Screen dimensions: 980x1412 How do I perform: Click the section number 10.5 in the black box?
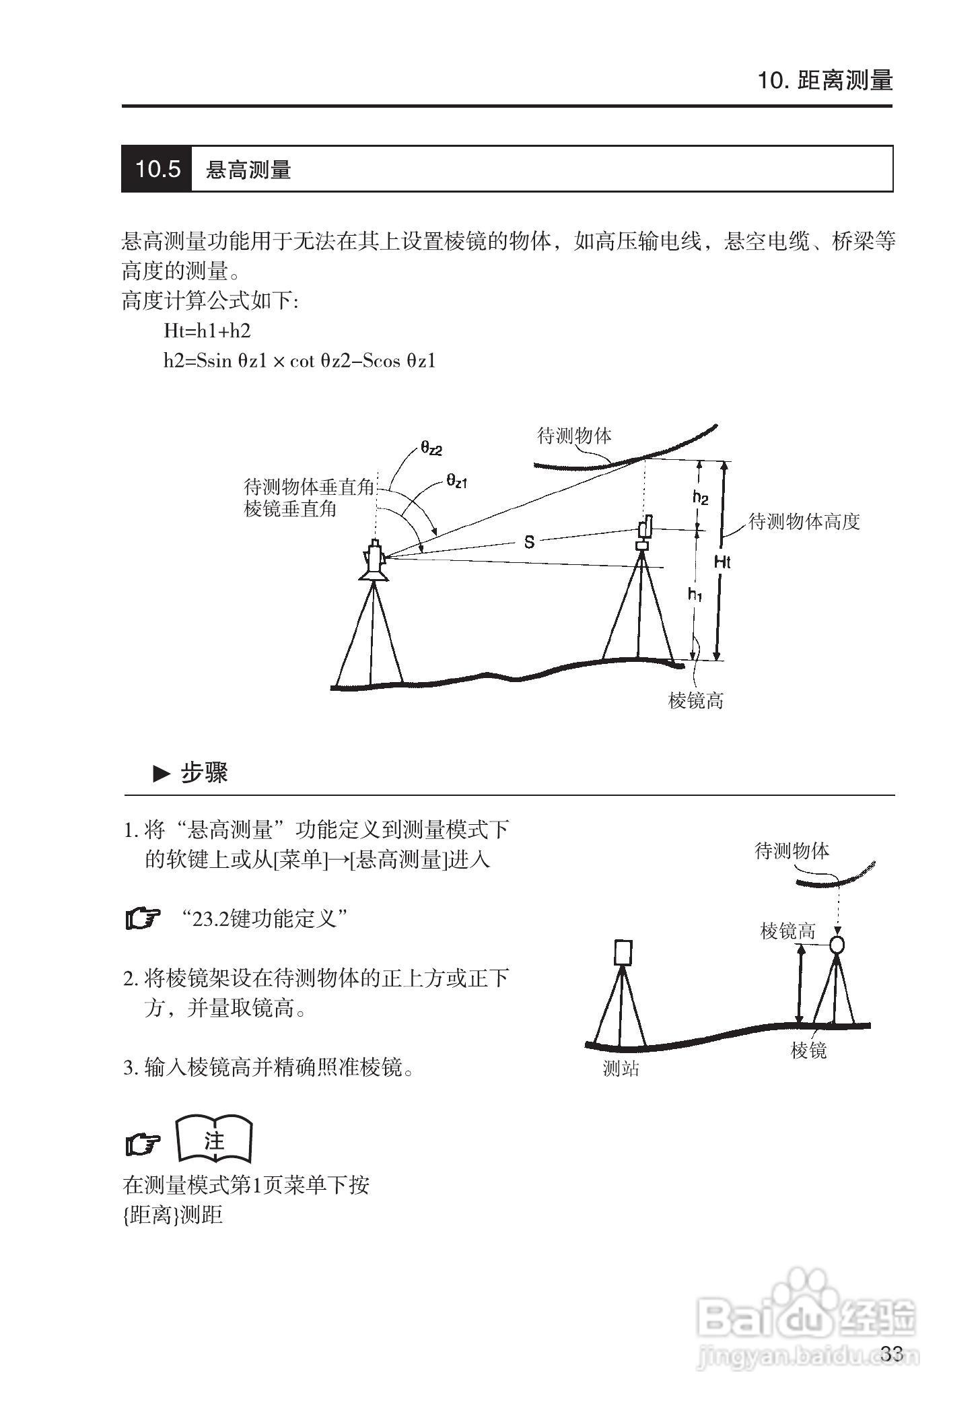[x=157, y=169]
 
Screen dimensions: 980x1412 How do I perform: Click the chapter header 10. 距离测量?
[x=825, y=81]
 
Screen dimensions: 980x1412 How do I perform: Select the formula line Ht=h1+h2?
[x=207, y=331]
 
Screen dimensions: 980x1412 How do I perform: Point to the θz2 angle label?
[x=431, y=448]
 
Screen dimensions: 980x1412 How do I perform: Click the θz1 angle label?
[x=456, y=481]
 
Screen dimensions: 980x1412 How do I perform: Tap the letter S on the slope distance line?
[x=529, y=541]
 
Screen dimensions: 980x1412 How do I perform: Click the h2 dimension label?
[x=700, y=498]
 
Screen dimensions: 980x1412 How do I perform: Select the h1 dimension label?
[x=695, y=594]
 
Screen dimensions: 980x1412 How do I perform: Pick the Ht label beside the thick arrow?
[x=722, y=562]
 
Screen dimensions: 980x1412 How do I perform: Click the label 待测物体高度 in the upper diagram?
[x=804, y=522]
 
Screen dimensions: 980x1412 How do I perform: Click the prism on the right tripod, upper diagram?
[x=644, y=532]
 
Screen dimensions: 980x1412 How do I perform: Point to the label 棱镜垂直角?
[x=290, y=509]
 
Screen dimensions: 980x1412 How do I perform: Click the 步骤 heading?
[x=203, y=773]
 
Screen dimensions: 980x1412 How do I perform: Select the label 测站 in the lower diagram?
[x=621, y=1069]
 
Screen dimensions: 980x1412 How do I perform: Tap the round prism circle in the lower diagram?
[x=837, y=944]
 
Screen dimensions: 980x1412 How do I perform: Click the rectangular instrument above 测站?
[x=623, y=952]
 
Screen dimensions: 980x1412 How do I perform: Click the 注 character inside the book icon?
[x=214, y=1141]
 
